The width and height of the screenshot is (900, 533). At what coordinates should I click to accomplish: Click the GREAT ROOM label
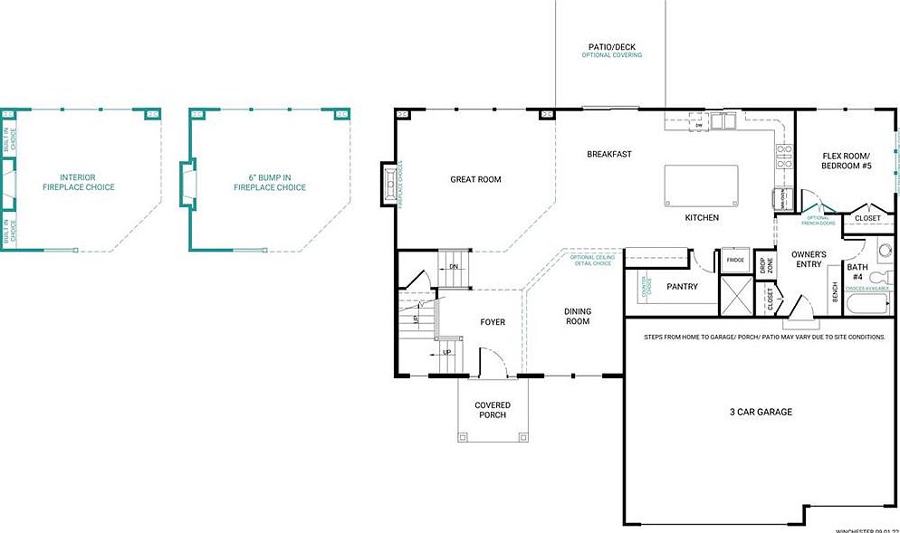475,179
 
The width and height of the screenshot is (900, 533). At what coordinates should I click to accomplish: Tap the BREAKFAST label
609,154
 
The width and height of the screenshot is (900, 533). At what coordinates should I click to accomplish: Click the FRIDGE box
734,260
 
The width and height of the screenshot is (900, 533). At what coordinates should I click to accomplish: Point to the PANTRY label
681,286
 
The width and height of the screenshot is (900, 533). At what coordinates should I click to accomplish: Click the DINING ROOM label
578,316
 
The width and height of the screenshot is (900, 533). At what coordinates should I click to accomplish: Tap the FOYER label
493,322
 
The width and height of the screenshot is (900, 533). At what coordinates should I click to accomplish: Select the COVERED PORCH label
493,410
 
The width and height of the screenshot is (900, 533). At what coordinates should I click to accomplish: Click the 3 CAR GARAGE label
761,412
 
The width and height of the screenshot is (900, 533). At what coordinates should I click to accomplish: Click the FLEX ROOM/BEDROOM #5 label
847,160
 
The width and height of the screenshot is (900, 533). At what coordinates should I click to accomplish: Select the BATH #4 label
857,271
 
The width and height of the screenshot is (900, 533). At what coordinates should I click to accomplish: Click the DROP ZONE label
765,266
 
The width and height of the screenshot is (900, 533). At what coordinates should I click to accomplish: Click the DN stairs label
455,267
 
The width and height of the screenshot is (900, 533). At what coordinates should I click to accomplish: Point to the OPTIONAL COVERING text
611,55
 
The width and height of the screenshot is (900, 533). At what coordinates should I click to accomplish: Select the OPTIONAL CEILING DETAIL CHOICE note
593,261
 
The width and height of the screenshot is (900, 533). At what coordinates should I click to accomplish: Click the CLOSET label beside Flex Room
866,218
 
